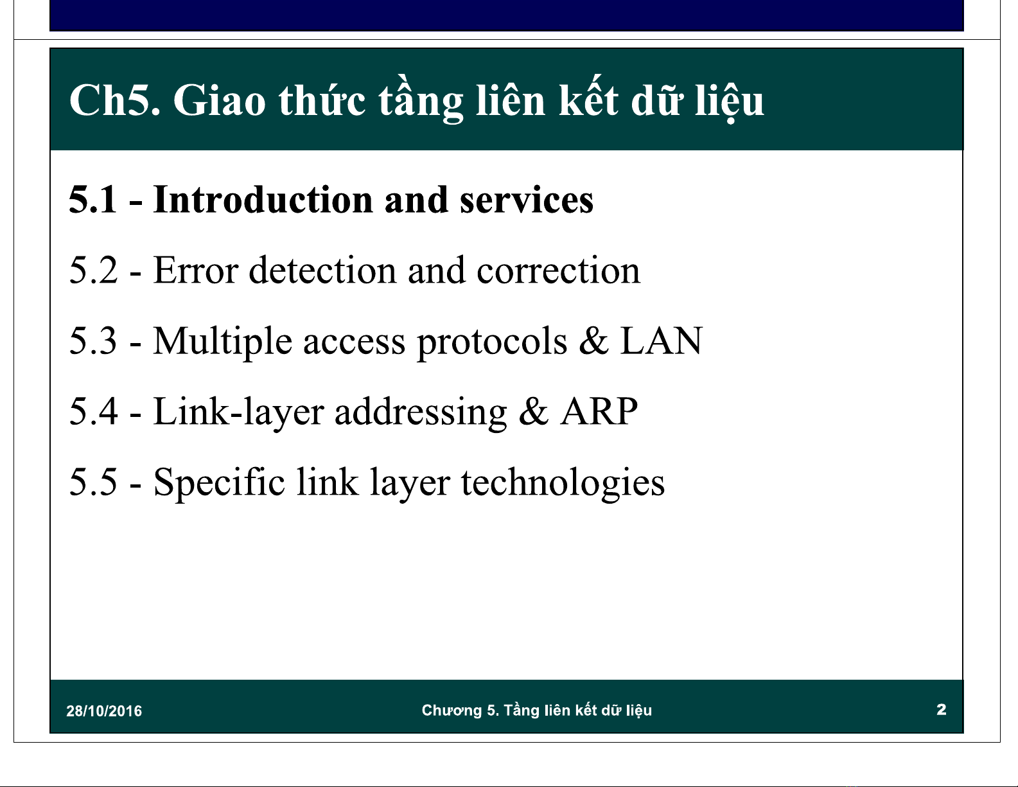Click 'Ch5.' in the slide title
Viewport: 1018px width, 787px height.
[115, 100]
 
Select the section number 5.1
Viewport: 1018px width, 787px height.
[92, 200]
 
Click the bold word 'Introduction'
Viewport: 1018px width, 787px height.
[263, 200]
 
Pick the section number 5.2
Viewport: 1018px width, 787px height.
[92, 270]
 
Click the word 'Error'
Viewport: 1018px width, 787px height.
[196, 270]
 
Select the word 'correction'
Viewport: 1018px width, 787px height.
[558, 271]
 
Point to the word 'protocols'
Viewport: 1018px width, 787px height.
[492, 343]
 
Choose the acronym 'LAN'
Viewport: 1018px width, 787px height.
[661, 340]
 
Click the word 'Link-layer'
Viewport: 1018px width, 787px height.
[238, 413]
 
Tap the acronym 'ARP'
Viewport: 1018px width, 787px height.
[599, 411]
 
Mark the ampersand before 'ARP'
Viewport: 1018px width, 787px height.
[533, 411]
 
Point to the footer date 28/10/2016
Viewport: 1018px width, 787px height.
[104, 711]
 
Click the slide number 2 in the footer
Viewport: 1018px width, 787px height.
[941, 710]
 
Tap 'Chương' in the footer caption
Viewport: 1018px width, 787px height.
[452, 711]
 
